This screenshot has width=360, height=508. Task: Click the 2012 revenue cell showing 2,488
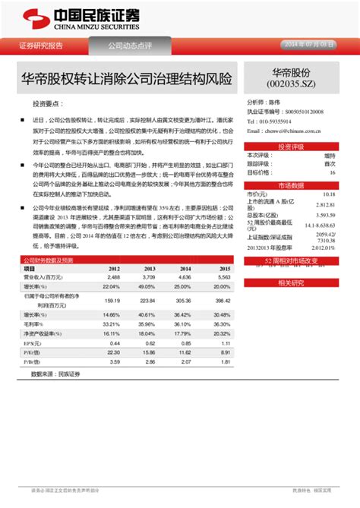(x=113, y=277)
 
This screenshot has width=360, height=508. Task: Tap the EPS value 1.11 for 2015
(x=222, y=342)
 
